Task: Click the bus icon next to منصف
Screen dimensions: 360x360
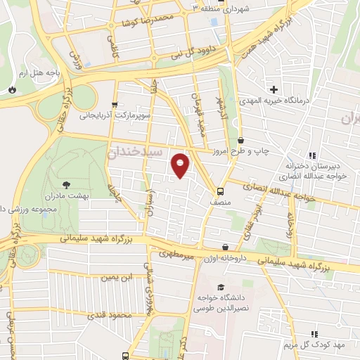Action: [x=221, y=191]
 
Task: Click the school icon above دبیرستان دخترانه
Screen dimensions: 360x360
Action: [x=311, y=155]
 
